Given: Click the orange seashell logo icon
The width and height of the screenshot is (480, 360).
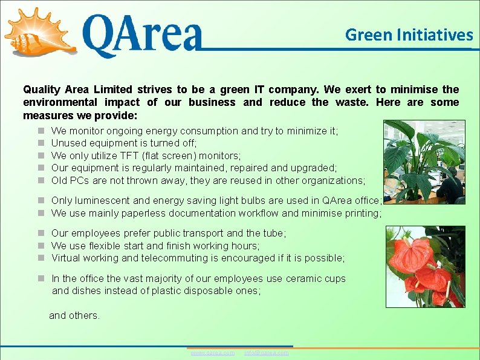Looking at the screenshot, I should point(39,31).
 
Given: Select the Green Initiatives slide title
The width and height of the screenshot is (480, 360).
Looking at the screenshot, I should point(409,35).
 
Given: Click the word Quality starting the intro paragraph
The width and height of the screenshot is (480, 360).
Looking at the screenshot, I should point(42,90).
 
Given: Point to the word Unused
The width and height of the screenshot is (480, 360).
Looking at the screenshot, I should point(68,143).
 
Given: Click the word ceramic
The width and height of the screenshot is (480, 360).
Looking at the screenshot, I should point(308,279).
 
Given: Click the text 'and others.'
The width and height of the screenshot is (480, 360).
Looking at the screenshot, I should point(74,315).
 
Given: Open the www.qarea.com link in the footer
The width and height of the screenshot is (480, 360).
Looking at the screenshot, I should point(212,353).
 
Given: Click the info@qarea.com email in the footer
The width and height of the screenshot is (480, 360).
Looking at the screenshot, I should point(266,353).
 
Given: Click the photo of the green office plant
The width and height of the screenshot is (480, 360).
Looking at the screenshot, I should point(424,162).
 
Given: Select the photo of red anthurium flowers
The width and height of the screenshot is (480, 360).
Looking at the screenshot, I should point(425,267).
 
